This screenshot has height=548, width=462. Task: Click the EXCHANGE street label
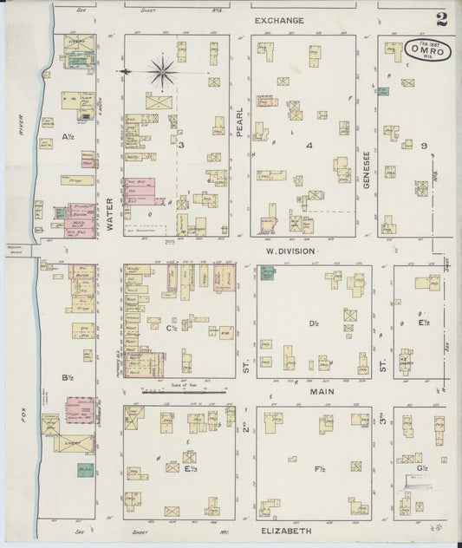click(279, 19)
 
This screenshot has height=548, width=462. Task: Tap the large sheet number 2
click(442, 19)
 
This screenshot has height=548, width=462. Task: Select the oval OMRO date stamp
click(427, 50)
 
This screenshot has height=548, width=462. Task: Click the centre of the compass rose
click(161, 71)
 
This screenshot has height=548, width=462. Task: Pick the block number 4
click(309, 145)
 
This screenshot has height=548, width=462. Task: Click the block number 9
click(424, 145)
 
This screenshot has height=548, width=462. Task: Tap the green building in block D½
click(266, 275)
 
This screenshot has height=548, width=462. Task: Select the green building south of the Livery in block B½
click(85, 470)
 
